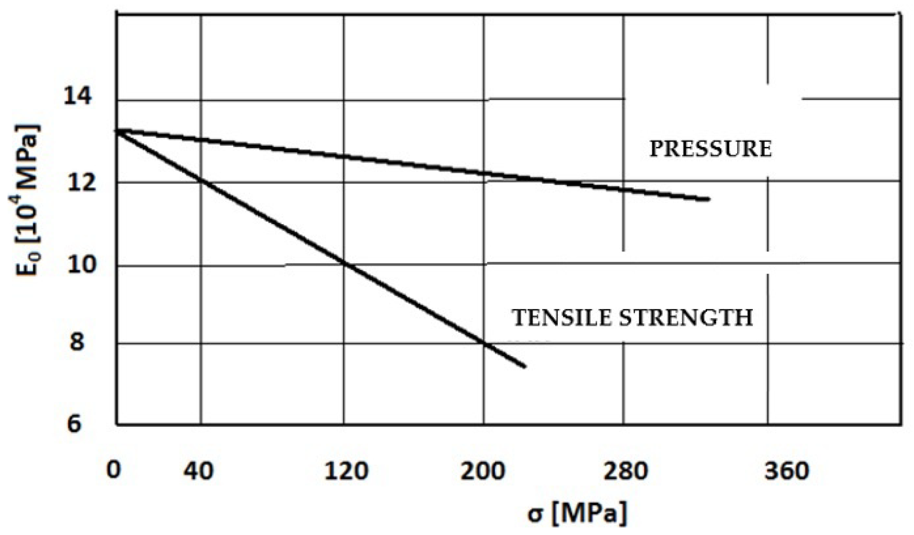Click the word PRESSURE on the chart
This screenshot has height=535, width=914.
click(710, 149)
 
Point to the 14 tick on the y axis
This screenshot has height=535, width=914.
click(78, 97)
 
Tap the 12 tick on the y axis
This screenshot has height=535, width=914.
click(78, 183)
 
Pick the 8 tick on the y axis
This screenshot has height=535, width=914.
click(76, 342)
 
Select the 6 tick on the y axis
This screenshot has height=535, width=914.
click(74, 424)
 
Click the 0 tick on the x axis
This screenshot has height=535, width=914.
click(113, 470)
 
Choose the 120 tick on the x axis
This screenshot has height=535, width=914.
click(346, 472)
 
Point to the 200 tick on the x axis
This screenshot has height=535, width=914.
click(483, 472)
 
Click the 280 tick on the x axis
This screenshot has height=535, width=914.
click(626, 472)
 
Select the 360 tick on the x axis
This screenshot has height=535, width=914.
click(787, 472)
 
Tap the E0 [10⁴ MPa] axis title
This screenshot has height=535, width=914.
click(29, 200)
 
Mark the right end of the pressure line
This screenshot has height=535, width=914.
click(709, 199)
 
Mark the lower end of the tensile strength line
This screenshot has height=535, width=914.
click(524, 366)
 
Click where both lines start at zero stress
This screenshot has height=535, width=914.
click(118, 130)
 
